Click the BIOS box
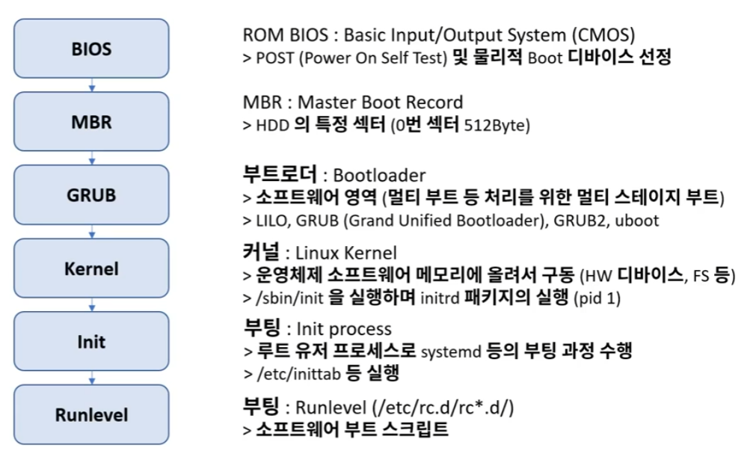[x=92, y=49]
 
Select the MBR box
[x=92, y=122]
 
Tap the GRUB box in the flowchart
[x=92, y=194]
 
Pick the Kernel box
[x=92, y=268]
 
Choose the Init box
[x=92, y=341]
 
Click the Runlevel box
[x=92, y=414]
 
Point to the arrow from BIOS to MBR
[x=92, y=85]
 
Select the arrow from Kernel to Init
[x=92, y=304]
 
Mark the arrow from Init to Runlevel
[x=92, y=378]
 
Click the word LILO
[x=274, y=221]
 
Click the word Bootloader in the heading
[x=379, y=176]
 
